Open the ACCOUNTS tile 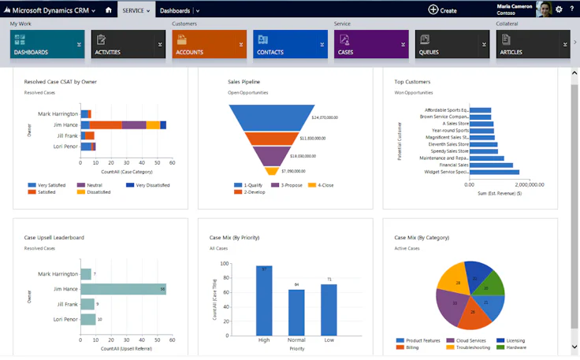(x=208, y=45)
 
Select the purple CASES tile (x=370, y=45)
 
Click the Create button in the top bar (x=442, y=10)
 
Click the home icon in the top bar (x=108, y=10)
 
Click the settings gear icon (x=559, y=9)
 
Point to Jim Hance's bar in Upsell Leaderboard (x=123, y=289)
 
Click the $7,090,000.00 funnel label (x=294, y=171)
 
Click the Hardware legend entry (x=516, y=347)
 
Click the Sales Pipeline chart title (x=244, y=82)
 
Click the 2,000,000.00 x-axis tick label (x=525, y=184)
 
